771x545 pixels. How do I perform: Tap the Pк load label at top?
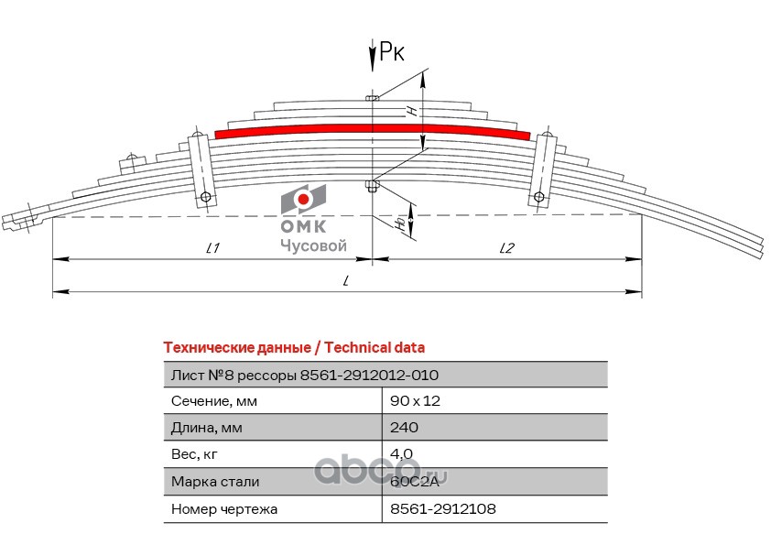tap(391, 54)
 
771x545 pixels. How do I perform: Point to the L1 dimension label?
tap(213, 248)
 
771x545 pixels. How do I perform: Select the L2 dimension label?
tap(508, 248)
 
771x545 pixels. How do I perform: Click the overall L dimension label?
tap(347, 281)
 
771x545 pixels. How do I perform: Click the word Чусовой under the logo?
tap(312, 245)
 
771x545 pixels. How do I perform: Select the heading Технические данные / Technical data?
tap(293, 348)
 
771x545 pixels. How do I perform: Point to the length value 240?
tap(404, 428)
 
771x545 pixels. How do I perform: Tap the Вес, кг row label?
tap(195, 454)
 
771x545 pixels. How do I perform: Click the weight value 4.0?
tap(401, 454)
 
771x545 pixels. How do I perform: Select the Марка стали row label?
tap(215, 481)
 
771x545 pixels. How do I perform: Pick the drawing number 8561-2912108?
tap(442, 507)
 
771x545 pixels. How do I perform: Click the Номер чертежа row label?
tap(224, 507)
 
